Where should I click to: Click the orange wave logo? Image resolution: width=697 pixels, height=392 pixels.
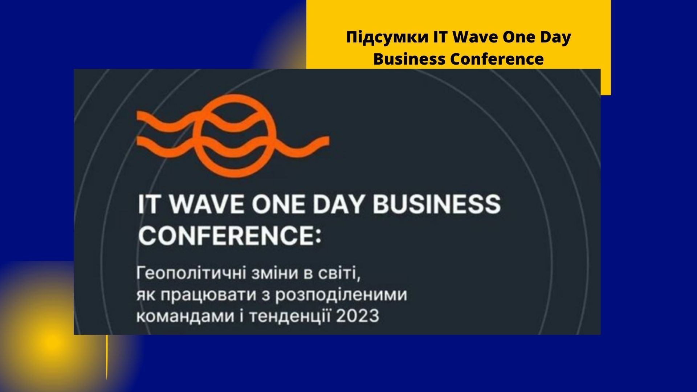point(232,136)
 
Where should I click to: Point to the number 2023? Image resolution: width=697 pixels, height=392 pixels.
point(357,316)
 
